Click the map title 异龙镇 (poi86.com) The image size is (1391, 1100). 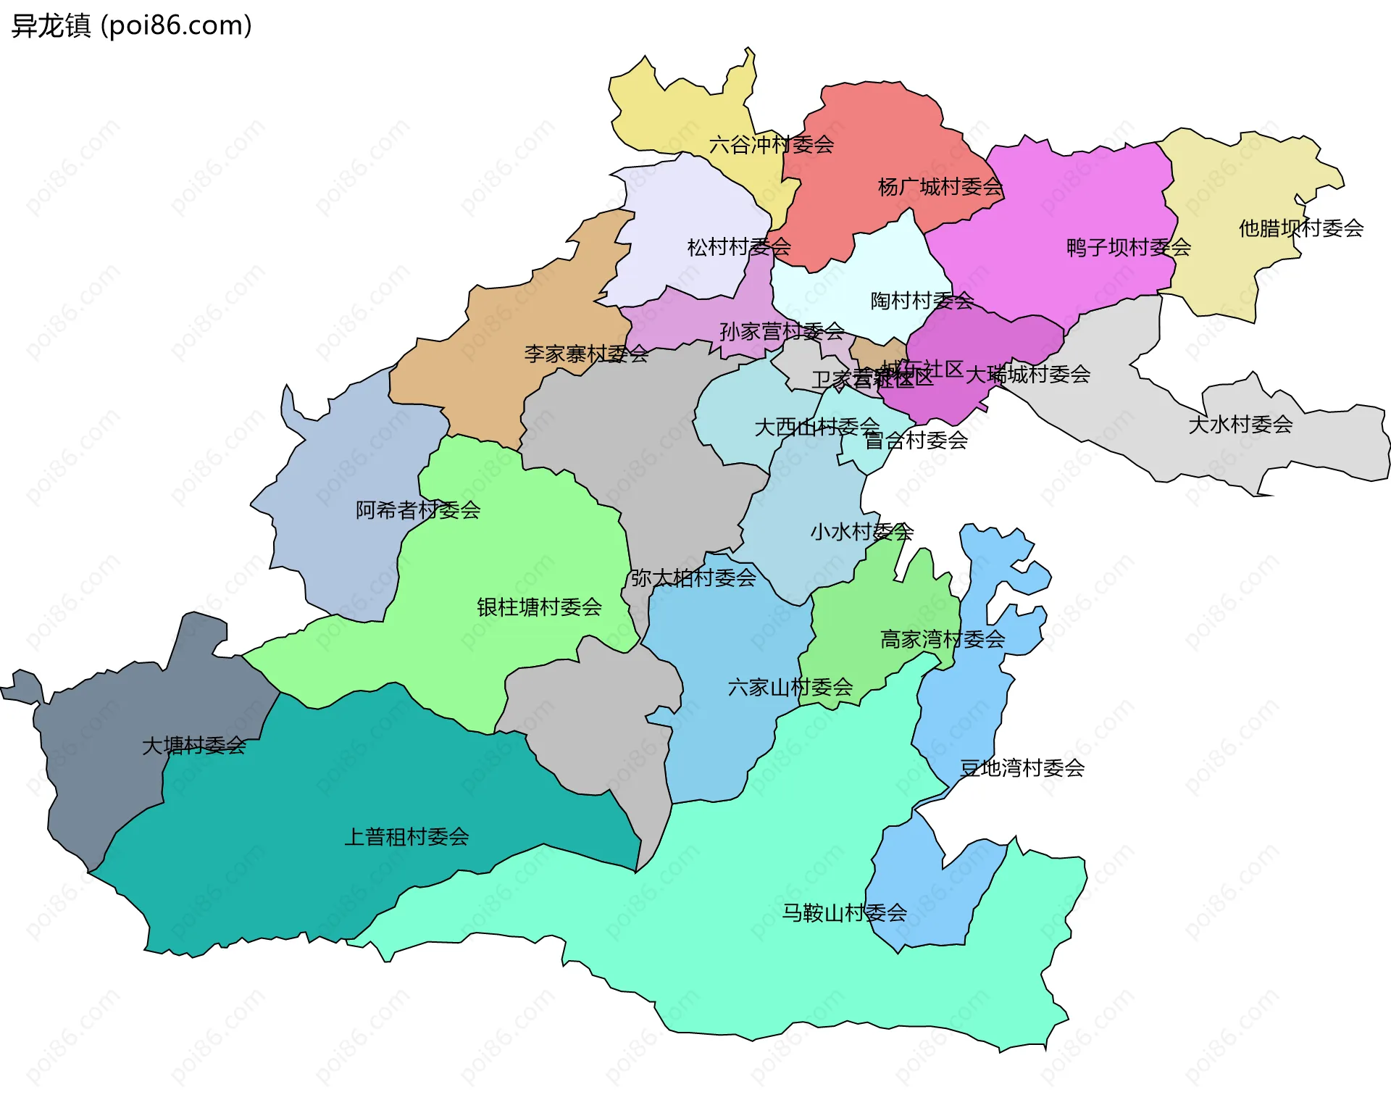coord(131,26)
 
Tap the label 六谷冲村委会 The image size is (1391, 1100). coord(771,145)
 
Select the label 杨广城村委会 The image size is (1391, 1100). coord(940,188)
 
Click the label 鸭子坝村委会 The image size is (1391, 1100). coord(1129,248)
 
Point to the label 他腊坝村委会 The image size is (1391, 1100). coord(1300,229)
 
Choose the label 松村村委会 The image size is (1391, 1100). coord(739,248)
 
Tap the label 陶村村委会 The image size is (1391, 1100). coord(922,301)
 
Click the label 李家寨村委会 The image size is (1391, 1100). coord(586,354)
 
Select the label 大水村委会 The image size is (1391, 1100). coord(1240,425)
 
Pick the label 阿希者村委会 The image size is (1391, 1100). coord(418,511)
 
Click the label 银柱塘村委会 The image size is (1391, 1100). coord(539,607)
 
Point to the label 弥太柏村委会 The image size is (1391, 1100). coord(693,578)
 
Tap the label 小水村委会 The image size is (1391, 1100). coord(861,532)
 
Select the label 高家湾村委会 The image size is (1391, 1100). coord(942,639)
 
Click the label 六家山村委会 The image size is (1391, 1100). coord(790,687)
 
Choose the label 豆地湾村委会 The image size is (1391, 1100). coord(1022,768)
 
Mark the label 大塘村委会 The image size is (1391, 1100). coord(193,746)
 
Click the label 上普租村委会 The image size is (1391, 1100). coord(406,838)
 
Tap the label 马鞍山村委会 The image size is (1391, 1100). coord(844,913)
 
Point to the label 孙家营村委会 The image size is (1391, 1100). coord(782,332)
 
